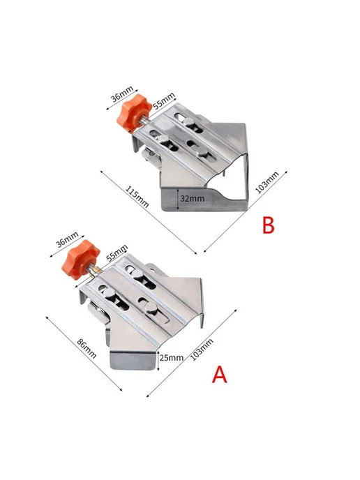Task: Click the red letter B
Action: point(269,225)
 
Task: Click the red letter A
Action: point(220,374)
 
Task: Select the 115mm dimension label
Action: point(137,197)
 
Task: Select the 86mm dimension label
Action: point(87,348)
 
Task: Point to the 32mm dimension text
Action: point(193,198)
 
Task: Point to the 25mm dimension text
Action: point(172,357)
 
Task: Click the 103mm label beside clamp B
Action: point(267,183)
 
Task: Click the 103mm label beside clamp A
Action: point(202,350)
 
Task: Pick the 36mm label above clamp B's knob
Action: point(122,93)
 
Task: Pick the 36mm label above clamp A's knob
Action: point(67,239)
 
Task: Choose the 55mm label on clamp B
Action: point(164,100)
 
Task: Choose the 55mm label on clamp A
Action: point(117,253)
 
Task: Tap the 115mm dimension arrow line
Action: point(149,212)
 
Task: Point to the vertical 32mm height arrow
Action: point(178,199)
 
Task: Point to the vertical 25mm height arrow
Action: point(158,361)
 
